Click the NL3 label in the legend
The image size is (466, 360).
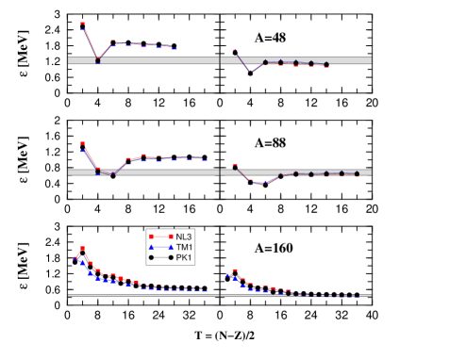[184, 236]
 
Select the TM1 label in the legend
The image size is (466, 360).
[184, 246]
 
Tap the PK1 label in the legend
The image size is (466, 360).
[184, 256]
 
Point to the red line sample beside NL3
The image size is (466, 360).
[160, 236]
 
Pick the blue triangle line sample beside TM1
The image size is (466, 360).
[160, 246]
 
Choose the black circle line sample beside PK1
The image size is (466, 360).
[160, 256]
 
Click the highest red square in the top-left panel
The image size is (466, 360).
[83, 25]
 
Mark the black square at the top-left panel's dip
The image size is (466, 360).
[98, 60]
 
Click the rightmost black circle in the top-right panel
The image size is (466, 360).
[326, 64]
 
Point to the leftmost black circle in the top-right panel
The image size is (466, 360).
[265, 62]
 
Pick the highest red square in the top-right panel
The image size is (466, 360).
[235, 50]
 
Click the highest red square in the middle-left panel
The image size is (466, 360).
[83, 143]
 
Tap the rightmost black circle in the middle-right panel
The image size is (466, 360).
[357, 173]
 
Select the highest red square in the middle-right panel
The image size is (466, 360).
[235, 167]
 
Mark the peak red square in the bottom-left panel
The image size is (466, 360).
[83, 249]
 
